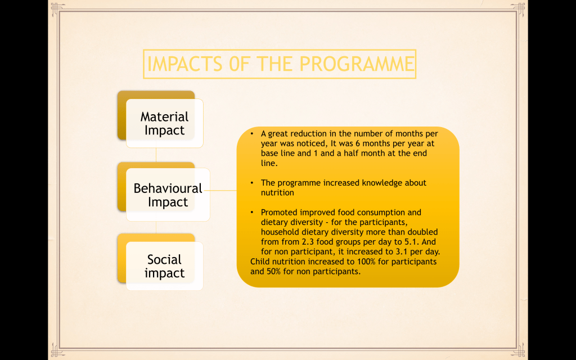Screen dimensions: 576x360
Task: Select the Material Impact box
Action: [165, 123]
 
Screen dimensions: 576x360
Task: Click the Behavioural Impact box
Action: [168, 195]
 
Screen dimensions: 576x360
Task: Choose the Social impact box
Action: [165, 266]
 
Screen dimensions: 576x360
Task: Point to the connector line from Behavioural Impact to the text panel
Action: [220, 190]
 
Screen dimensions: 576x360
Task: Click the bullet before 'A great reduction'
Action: [252, 134]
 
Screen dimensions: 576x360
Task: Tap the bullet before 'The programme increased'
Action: [252, 183]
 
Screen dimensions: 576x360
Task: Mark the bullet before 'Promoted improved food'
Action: [252, 212]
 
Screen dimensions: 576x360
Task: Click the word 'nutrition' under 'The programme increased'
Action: [277, 193]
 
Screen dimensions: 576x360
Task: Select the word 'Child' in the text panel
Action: [259, 262]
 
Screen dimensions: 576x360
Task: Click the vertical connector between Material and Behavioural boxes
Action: [156, 155]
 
